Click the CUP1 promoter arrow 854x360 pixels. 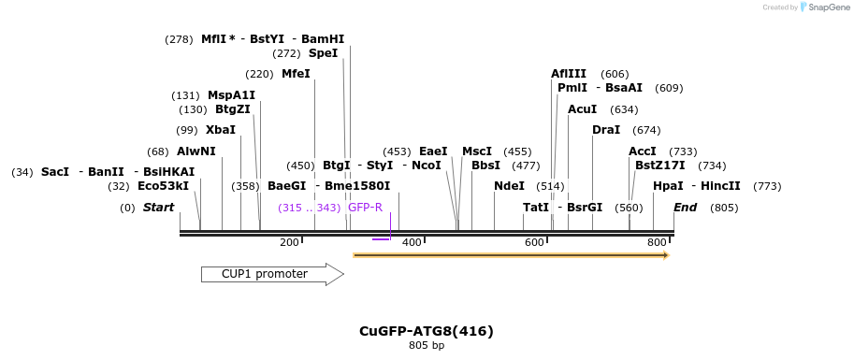point(271,274)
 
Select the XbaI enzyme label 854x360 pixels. point(221,130)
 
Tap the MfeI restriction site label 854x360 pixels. point(296,74)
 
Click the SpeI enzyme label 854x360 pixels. point(323,53)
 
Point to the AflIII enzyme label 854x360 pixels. point(569,74)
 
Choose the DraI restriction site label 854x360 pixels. point(606,130)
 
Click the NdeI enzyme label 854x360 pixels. point(509,186)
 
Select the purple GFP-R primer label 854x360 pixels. point(365,208)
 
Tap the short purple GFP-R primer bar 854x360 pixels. point(381,239)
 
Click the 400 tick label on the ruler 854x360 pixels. point(412,242)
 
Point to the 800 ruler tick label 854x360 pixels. point(657,242)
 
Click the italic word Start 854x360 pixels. point(158,208)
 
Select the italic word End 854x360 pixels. point(685,208)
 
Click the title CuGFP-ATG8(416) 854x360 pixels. point(426,331)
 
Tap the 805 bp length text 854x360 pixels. point(427,346)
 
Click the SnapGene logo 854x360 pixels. point(821,7)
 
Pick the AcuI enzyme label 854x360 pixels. point(582,109)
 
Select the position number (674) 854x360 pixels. point(646,130)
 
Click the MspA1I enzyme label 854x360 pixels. point(231,95)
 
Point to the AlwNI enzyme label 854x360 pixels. point(195,151)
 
